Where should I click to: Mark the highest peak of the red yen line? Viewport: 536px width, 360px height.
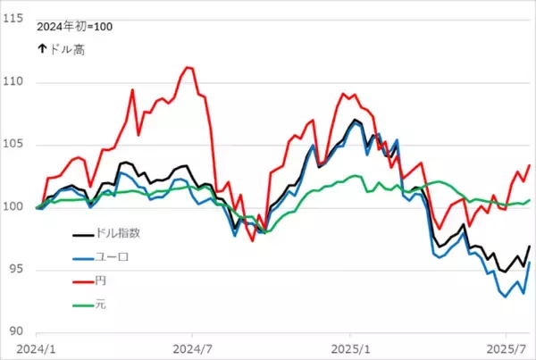[x=188, y=67]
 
